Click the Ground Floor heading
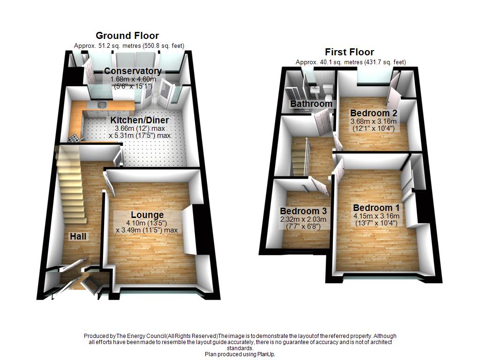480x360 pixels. pos(127,36)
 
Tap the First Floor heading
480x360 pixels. pos(350,52)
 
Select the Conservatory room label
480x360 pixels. pos(133,71)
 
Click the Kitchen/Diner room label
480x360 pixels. pos(139,120)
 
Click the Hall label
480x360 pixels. pos(78,236)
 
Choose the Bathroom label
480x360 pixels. pos(311,104)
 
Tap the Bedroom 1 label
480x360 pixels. pos(376,208)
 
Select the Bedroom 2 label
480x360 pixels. pos(374,113)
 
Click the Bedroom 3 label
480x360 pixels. pos(303,211)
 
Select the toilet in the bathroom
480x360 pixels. pos(328,88)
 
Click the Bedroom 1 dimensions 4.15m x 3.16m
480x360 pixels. pos(376,216)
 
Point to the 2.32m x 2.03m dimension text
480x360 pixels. pos(304,219)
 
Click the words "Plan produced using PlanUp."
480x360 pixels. pos(240,354)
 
